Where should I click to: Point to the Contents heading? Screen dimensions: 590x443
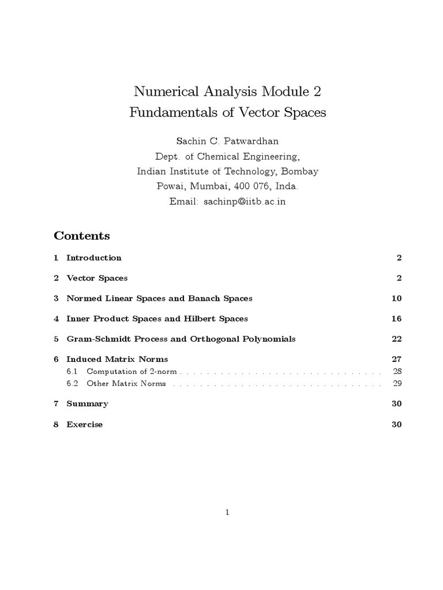(82, 236)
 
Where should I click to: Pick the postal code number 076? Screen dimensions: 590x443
(258, 186)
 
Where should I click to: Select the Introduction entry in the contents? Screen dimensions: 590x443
(94, 258)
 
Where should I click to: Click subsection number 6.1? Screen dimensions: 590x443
(72, 371)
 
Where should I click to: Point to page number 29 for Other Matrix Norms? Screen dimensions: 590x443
(397, 383)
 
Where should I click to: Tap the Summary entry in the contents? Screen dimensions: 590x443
(87, 404)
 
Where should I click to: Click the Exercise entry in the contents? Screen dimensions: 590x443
(85, 425)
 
